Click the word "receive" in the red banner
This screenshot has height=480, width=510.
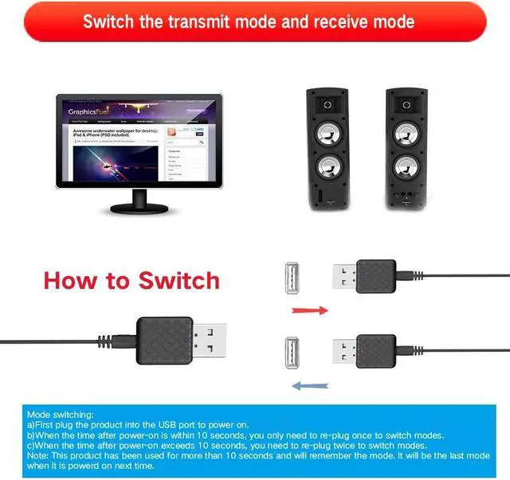(x=326, y=21)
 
